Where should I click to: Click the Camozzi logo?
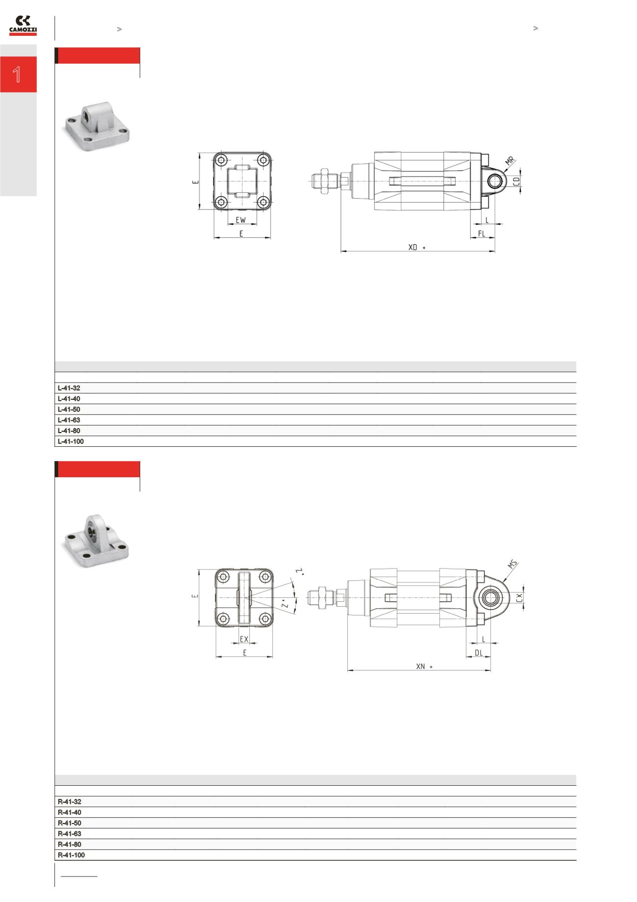pos(23,26)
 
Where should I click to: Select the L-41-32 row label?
pos(69,388)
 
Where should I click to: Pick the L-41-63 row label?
pos(69,420)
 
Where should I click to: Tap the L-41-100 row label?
pos(71,441)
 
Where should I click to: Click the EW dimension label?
pos(241,221)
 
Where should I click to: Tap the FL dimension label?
pos(482,234)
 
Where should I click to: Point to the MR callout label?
pos(510,161)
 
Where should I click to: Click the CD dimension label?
pos(516,181)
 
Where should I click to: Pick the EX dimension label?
pos(244,640)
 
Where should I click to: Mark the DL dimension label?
pos(479,653)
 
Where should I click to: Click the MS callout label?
pos(513,565)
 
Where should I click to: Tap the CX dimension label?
pos(520,597)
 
